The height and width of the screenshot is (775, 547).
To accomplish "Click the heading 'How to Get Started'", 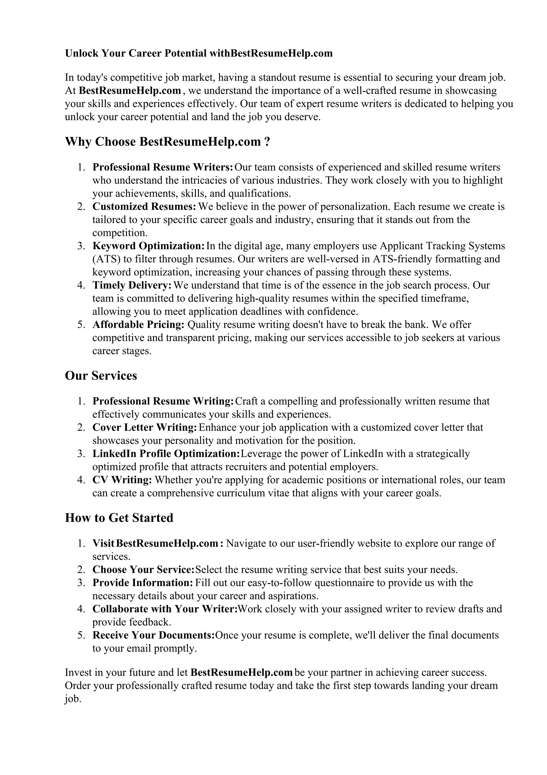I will tap(119, 518).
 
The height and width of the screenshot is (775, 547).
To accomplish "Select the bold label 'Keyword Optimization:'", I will tap(148, 246).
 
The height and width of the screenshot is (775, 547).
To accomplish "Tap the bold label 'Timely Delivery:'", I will tap(132, 285).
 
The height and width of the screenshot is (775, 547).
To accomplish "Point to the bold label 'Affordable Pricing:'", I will tap(139, 325).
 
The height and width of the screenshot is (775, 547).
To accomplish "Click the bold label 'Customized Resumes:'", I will tap(144, 206).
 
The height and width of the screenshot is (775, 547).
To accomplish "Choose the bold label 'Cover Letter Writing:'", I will tap(144, 427).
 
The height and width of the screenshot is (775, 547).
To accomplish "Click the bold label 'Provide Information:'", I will tap(143, 583).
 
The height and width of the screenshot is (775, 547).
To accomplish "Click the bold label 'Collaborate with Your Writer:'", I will tap(165, 609).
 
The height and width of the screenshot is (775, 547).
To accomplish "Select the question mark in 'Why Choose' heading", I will tap(267, 142).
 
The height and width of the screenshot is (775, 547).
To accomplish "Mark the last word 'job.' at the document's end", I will tap(73, 699).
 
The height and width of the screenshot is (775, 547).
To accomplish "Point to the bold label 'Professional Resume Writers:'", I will tap(163, 167).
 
